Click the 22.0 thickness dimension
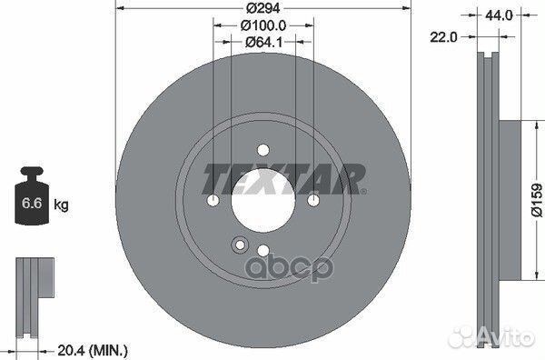click(x=444, y=35)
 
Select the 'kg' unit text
click(x=62, y=206)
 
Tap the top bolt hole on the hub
click(x=263, y=150)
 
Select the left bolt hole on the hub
click(x=213, y=201)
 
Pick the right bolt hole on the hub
click(x=313, y=201)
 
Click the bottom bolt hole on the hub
click(x=263, y=251)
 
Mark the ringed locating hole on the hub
click(x=241, y=244)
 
